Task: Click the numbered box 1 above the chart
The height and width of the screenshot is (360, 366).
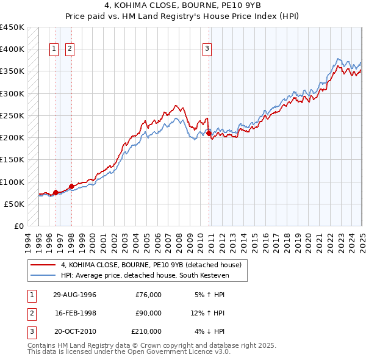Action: [54, 49]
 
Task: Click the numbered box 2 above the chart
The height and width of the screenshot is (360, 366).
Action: [70, 49]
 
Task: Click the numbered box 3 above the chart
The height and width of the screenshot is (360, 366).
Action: [207, 49]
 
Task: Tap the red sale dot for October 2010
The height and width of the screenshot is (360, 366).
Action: [209, 133]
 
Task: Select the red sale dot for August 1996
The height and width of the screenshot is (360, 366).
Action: [56, 192]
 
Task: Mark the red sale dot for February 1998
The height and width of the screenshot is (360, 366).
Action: [71, 186]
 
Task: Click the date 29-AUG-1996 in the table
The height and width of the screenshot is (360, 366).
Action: [75, 295]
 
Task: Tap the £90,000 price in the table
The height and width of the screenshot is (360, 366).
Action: [148, 313]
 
